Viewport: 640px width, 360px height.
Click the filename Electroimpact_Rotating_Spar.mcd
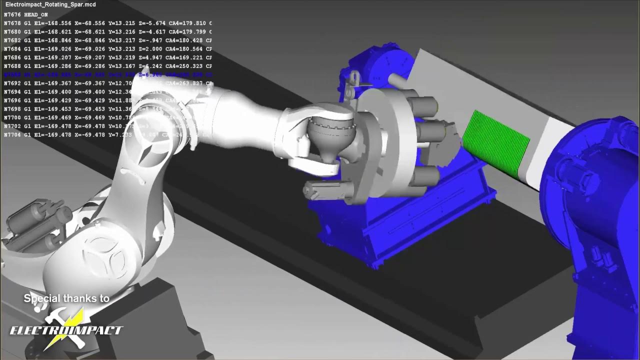point(44,4)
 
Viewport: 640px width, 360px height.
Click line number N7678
point(12,23)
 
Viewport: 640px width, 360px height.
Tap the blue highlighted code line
point(100,75)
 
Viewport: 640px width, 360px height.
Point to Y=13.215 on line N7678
point(121,23)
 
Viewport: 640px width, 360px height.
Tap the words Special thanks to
point(66,298)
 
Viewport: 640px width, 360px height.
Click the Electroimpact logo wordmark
point(66,330)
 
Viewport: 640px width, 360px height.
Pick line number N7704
point(12,135)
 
